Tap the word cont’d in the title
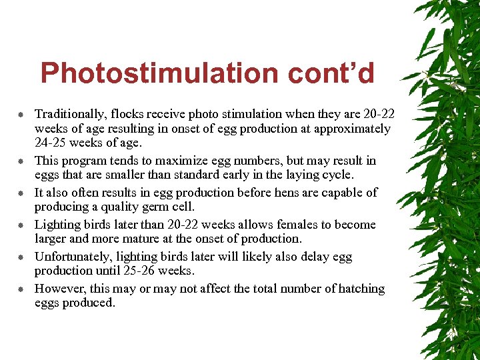click(x=331, y=73)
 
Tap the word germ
click(x=147, y=206)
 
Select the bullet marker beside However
click(x=21, y=289)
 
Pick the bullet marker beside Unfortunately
click(x=21, y=257)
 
